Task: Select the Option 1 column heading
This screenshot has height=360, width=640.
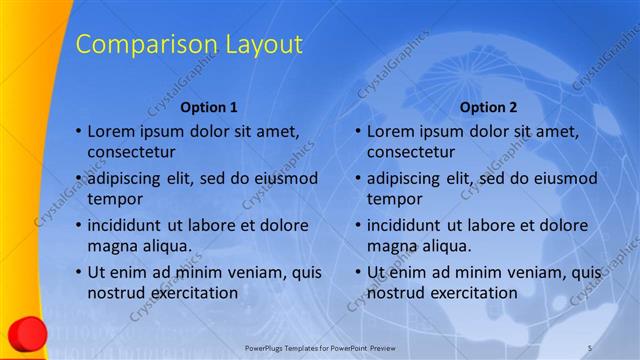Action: (x=209, y=107)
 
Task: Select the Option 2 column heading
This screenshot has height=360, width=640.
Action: (x=489, y=107)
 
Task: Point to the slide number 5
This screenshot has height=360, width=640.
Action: (x=590, y=346)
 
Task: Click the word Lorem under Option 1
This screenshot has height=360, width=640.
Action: (x=112, y=131)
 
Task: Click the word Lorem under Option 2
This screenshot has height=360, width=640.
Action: (x=392, y=131)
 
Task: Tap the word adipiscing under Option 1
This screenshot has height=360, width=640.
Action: (x=128, y=179)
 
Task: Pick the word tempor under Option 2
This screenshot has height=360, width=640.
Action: (x=394, y=199)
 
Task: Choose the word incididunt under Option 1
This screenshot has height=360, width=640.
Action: (x=130, y=225)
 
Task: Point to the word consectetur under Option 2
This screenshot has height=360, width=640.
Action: (x=411, y=152)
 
